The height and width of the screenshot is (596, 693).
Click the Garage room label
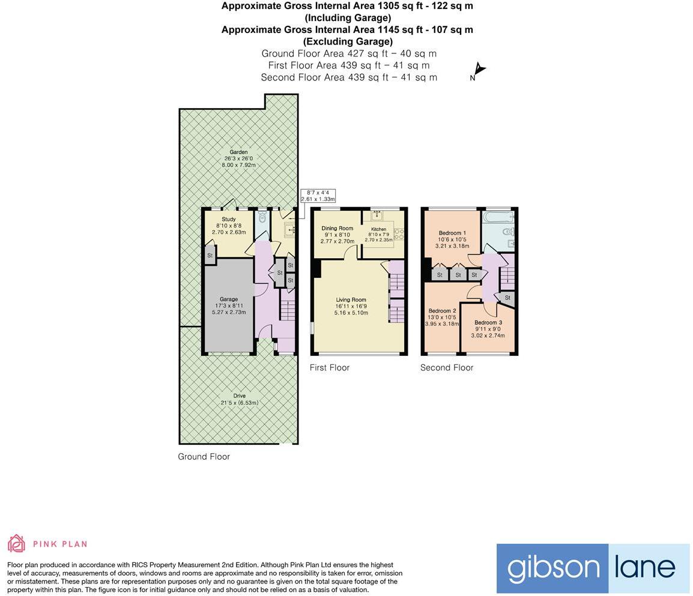(x=228, y=299)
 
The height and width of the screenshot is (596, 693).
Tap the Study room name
(x=228, y=219)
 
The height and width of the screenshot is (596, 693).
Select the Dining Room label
(x=337, y=228)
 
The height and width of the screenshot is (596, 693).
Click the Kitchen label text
(x=378, y=229)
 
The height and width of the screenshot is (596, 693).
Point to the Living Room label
(x=351, y=300)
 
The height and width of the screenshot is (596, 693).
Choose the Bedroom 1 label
(x=452, y=233)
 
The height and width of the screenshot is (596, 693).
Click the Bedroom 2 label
(x=442, y=311)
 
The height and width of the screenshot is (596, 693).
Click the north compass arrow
(x=479, y=70)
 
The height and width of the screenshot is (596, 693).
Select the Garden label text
(x=238, y=152)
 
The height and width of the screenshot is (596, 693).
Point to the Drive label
(x=239, y=396)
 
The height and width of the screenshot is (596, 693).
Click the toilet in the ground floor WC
(x=261, y=218)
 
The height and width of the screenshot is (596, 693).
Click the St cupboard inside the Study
(x=210, y=255)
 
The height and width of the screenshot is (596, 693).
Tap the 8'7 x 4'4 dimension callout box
(x=318, y=195)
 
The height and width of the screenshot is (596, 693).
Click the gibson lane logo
(x=593, y=568)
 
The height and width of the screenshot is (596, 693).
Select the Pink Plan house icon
(x=16, y=543)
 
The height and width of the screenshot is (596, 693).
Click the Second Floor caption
(x=447, y=367)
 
